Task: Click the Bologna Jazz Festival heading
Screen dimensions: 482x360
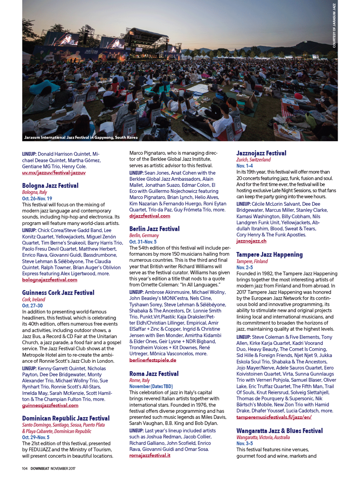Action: [50, 186]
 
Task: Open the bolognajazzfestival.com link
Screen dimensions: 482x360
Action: [50, 280]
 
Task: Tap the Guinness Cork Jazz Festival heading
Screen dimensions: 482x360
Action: [58, 293]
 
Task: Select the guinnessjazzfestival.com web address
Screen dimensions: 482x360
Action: [50, 406]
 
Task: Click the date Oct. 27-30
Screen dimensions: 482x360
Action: [32, 306]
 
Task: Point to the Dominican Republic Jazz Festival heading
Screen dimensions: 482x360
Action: [66, 418]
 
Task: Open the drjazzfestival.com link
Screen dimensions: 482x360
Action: [150, 216]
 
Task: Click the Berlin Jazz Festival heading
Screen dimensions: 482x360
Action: [154, 229]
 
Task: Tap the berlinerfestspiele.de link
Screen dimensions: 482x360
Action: [153, 360]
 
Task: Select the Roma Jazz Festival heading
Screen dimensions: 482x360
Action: [154, 374]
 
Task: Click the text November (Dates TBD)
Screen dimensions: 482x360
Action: [151, 386]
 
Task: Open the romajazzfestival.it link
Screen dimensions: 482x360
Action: [150, 455]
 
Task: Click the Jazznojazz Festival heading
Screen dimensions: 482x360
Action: [261, 153]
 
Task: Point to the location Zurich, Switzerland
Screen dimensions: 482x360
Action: [253, 160]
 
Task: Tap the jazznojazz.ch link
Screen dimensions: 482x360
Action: [251, 241]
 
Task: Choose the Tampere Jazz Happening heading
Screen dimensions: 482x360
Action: [269, 255]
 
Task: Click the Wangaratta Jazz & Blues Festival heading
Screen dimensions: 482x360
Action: [279, 431]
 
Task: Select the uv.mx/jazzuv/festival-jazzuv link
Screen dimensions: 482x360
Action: [54, 173]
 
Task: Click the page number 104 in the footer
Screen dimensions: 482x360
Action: [25, 469]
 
